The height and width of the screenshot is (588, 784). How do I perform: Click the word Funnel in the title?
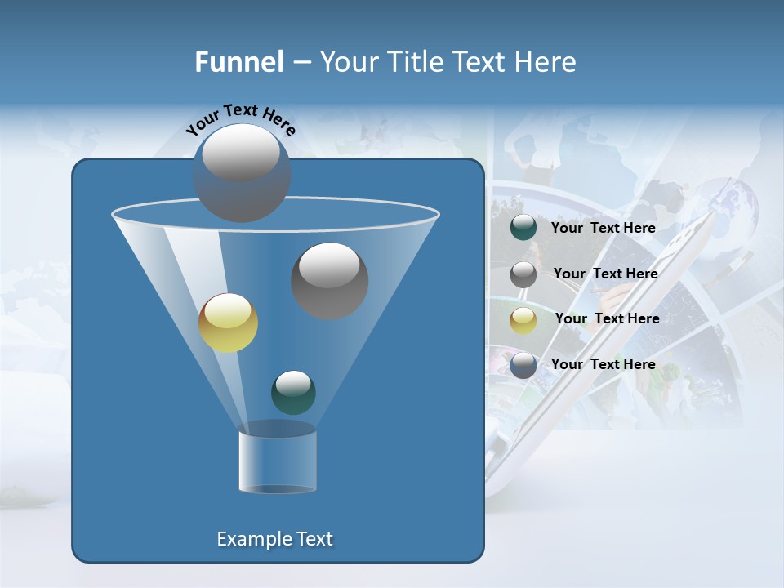click(x=238, y=62)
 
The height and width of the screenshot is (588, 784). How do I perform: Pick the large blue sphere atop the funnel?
click(x=242, y=172)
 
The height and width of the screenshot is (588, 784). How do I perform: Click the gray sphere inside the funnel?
click(x=329, y=281)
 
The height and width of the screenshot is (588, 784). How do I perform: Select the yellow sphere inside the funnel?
click(x=228, y=323)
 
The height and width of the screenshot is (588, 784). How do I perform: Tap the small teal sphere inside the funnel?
click(x=293, y=392)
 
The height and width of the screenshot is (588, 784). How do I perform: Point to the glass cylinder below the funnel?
click(x=277, y=459)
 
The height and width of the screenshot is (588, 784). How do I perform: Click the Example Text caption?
click(x=274, y=539)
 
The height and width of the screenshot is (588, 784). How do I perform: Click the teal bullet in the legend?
click(x=523, y=228)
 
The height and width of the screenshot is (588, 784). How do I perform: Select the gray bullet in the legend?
click(x=523, y=274)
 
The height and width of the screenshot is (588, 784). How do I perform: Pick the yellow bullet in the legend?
click(x=523, y=320)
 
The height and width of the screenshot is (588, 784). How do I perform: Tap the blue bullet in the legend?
click(x=523, y=365)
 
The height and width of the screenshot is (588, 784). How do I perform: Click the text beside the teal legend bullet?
click(x=603, y=229)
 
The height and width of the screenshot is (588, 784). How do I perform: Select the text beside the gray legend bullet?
click(x=605, y=274)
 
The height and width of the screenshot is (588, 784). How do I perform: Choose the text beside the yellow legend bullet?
click(x=607, y=318)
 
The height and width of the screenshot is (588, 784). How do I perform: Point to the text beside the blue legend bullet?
click(x=603, y=364)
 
